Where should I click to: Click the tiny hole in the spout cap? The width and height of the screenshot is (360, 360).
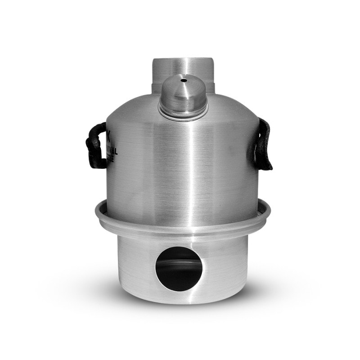coord(183,81)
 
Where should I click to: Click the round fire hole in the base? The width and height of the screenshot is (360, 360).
coord(179,269)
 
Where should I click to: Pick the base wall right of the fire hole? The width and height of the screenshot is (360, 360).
coord(225,265)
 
